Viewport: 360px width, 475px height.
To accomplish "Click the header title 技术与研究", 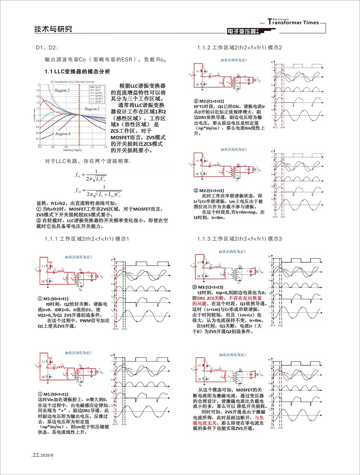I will click(53, 29).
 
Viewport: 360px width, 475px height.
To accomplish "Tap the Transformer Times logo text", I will click(293, 22).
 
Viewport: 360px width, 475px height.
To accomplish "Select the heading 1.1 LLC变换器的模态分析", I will click(77, 72).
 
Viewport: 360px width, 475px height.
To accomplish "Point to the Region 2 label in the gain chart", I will click(62, 90).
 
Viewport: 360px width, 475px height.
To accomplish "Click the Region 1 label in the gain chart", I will click(92, 109).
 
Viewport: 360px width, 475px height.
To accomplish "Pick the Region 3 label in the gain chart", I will click(63, 134).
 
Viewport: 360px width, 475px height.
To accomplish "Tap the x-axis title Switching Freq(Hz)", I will click(72, 150).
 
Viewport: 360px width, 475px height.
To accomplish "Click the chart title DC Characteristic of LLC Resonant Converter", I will click(73, 82).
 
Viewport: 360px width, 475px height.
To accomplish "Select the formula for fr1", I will click(91, 175).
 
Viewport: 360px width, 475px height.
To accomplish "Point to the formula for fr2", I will click(98, 191).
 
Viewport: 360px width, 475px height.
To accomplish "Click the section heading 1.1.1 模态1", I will click(87, 239).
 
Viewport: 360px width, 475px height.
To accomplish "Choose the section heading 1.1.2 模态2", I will click(239, 47).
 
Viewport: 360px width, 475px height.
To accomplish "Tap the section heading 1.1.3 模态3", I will click(239, 239).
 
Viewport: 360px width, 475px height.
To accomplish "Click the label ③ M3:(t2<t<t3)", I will click(208, 287).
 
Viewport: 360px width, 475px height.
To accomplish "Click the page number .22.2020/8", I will click(42, 455).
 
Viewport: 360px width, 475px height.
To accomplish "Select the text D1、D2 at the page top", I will click(46, 47).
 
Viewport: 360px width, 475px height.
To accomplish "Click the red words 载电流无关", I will click(205, 423).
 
